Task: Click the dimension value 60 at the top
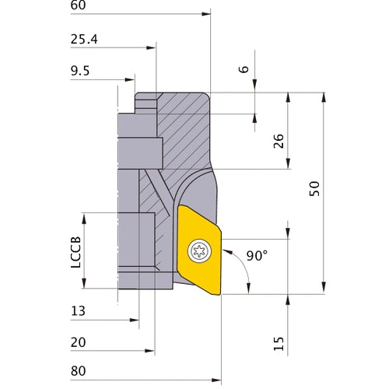[78, 5]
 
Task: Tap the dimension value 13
[78, 311]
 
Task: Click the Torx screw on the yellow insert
[198, 250]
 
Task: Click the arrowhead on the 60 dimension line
[206, 13]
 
